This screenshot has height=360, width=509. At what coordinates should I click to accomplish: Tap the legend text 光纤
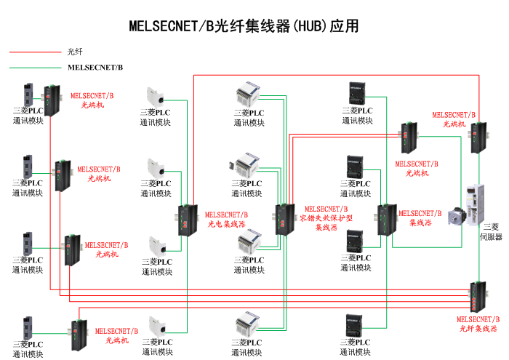tap(75, 52)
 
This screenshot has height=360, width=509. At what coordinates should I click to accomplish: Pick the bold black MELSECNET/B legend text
tap(95, 68)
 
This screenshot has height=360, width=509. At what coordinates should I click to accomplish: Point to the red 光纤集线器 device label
tap(478, 329)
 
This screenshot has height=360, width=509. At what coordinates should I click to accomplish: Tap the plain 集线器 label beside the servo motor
tap(420, 223)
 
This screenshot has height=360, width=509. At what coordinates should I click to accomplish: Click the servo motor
tap(457, 215)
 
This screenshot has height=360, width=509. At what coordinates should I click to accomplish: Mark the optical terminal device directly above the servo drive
tap(478, 137)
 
